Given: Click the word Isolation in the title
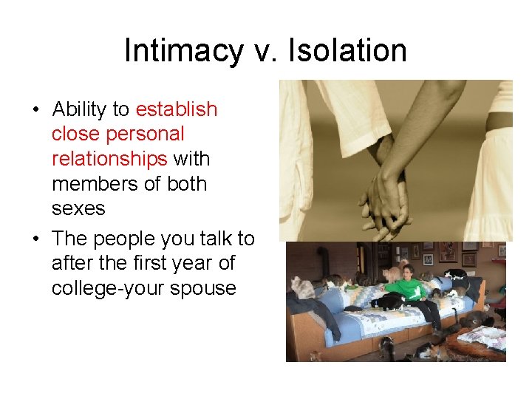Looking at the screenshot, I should [347, 51].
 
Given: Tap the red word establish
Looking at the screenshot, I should [177, 109].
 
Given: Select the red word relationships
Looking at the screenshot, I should [109, 159].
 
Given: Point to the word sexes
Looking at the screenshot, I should [78, 208].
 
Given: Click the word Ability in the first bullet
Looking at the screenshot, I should [80, 109].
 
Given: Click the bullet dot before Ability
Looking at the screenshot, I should [35, 110].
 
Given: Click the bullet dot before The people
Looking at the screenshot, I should [35, 239].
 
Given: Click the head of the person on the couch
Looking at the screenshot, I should [408, 272].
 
